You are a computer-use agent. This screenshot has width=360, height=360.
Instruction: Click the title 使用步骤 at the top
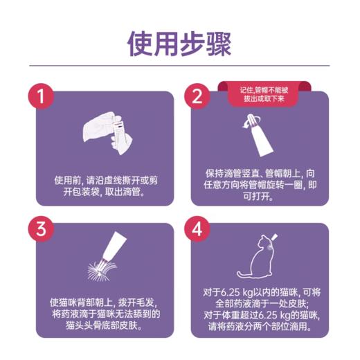pyautogui.click(x=179, y=43)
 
